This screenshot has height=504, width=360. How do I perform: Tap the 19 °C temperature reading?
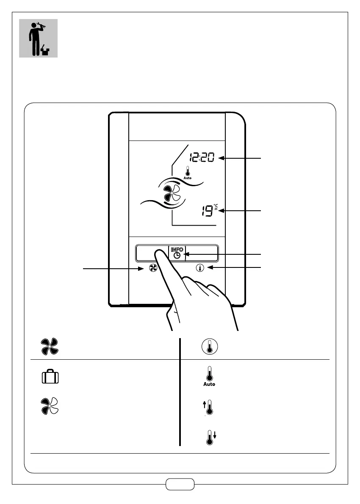pos(208,211)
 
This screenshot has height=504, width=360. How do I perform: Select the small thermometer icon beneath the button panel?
pos(199,268)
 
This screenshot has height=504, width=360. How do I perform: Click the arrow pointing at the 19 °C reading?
pos(241,210)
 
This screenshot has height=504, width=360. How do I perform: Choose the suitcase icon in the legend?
pos(50,377)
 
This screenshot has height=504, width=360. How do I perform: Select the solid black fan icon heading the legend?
pos(50,347)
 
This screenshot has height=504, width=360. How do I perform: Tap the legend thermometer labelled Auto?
pos(209,377)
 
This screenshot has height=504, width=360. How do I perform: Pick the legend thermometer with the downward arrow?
pos(209,437)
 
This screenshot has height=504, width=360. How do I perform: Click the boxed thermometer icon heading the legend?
pos(209,347)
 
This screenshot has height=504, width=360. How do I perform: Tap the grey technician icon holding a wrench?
pos(38,38)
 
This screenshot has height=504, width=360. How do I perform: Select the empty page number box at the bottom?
pos(180,484)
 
